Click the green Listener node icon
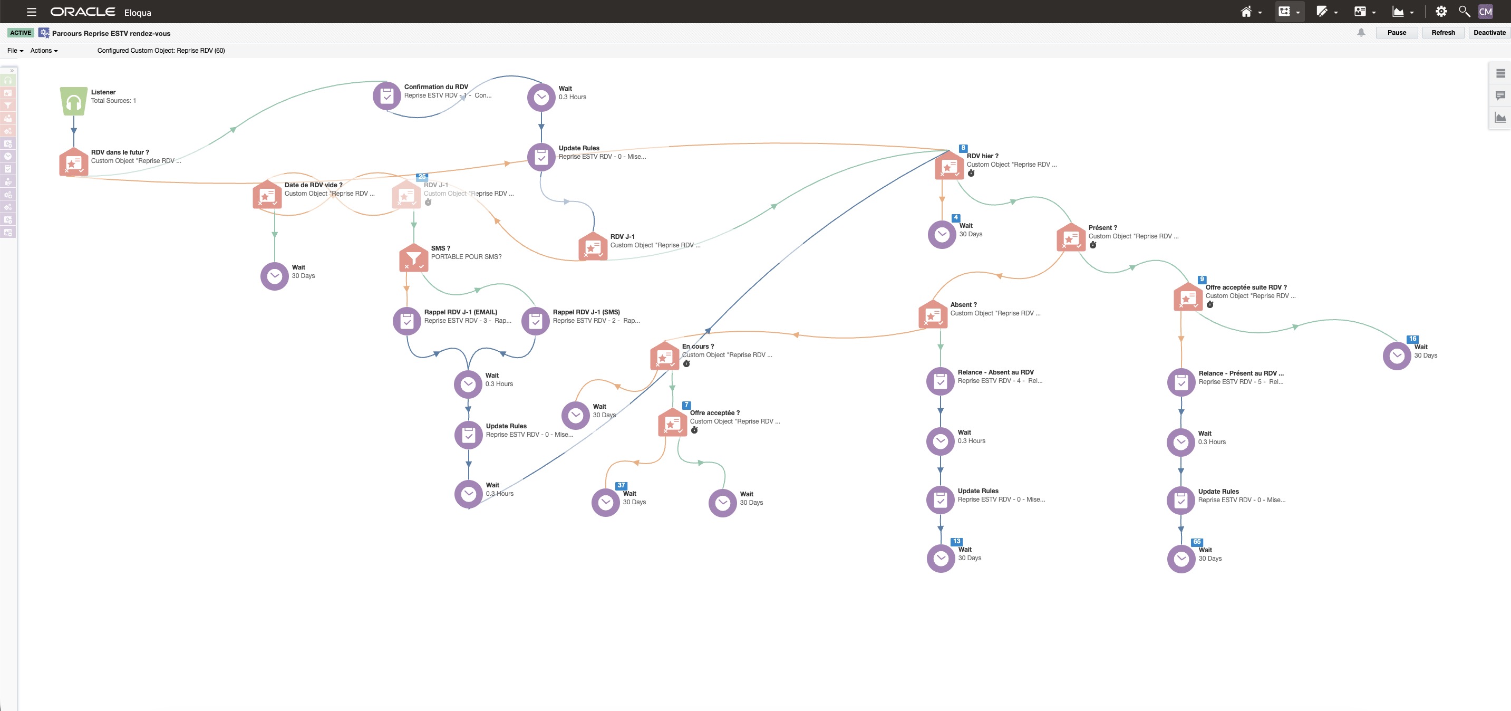point(73,101)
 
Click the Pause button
point(1397,33)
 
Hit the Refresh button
point(1443,33)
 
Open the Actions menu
point(44,51)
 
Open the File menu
point(15,51)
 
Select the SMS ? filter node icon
point(413,258)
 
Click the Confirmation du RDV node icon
point(387,95)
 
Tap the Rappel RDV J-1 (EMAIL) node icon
point(407,321)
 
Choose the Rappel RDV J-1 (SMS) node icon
point(536,321)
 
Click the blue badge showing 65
point(1197,542)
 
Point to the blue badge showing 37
point(621,485)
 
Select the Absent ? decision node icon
point(933,314)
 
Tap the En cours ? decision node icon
point(665,355)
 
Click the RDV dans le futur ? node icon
point(74,162)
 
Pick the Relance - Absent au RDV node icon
point(940,381)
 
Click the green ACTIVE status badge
point(21,33)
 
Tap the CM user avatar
point(1485,11)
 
